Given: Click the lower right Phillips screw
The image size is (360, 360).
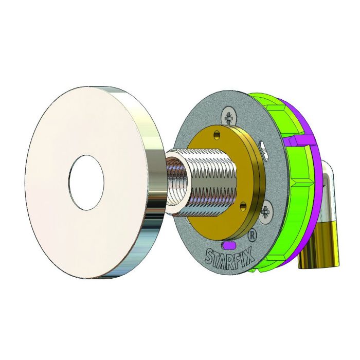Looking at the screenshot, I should (x=267, y=211).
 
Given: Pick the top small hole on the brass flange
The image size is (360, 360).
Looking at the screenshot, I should (x=217, y=134).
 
